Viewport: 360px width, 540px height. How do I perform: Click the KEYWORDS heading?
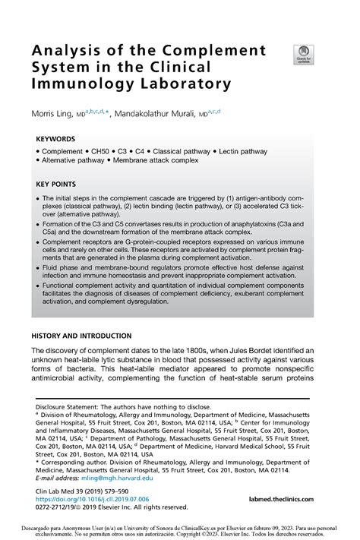click(55, 140)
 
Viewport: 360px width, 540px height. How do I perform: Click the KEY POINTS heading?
click(57, 184)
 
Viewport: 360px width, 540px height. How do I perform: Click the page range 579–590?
click(122, 491)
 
